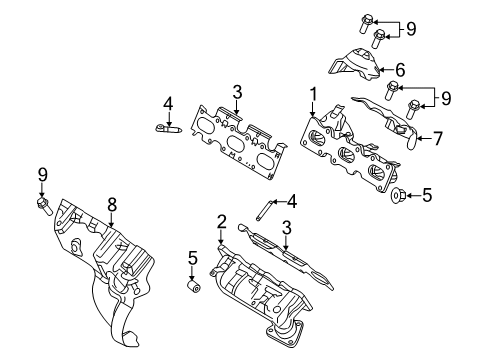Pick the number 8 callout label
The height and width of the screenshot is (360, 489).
pyautogui.click(x=112, y=204)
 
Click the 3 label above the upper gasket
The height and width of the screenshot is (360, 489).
pyautogui.click(x=238, y=93)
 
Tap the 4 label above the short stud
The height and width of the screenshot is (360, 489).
pyautogui.click(x=169, y=102)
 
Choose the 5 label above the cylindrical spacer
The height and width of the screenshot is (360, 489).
pyautogui.click(x=193, y=259)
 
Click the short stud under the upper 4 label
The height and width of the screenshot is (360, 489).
pyautogui.click(x=168, y=127)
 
